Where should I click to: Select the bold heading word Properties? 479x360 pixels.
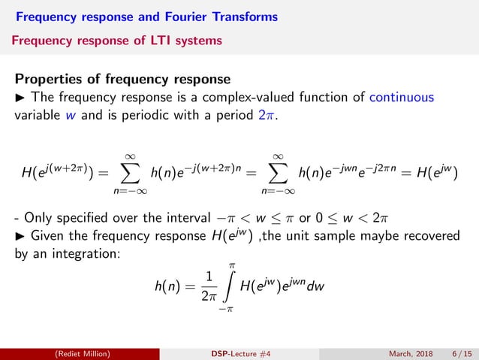tap(52, 78)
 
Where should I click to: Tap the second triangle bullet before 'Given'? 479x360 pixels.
tap(20, 237)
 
